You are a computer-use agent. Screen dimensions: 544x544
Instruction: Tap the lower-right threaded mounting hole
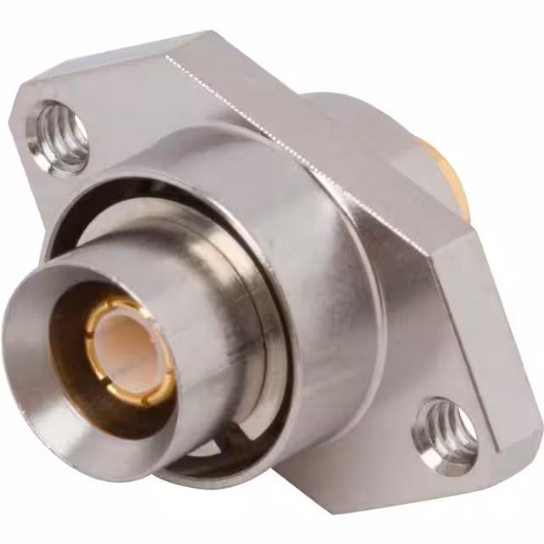point(446,429)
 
